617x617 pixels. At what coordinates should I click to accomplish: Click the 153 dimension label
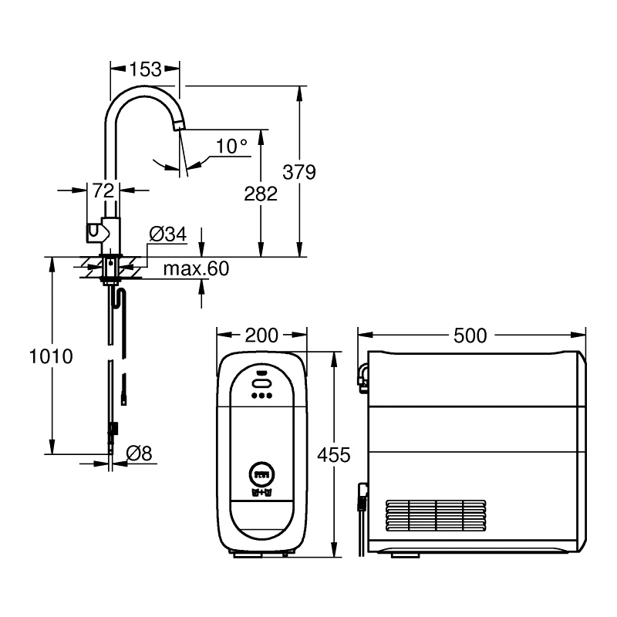pos(145,69)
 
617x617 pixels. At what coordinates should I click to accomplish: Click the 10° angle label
pos(231,145)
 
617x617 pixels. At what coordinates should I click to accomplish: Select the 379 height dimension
pos(300,172)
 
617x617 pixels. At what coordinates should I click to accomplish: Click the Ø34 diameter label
pos(167,234)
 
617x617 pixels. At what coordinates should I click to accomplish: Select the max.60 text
pos(196,268)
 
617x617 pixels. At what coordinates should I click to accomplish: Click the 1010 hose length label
pos(51,356)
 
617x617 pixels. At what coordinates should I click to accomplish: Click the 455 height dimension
pos(334,454)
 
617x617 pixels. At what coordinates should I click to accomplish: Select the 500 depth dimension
pos(470,335)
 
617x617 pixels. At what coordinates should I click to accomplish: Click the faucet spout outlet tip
pos(180,126)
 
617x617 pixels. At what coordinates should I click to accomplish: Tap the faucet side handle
pos(93,230)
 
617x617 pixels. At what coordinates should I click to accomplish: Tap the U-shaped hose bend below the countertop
pos(117,296)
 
